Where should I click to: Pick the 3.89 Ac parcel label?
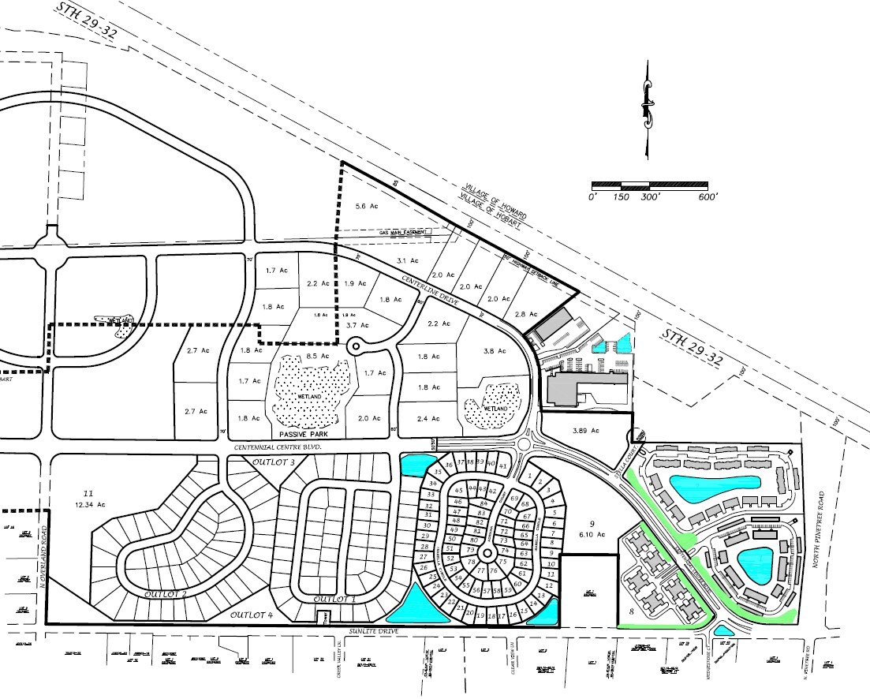pos(585,431)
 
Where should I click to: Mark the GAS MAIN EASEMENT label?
pos(402,233)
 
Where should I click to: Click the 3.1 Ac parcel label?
pos(407,261)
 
